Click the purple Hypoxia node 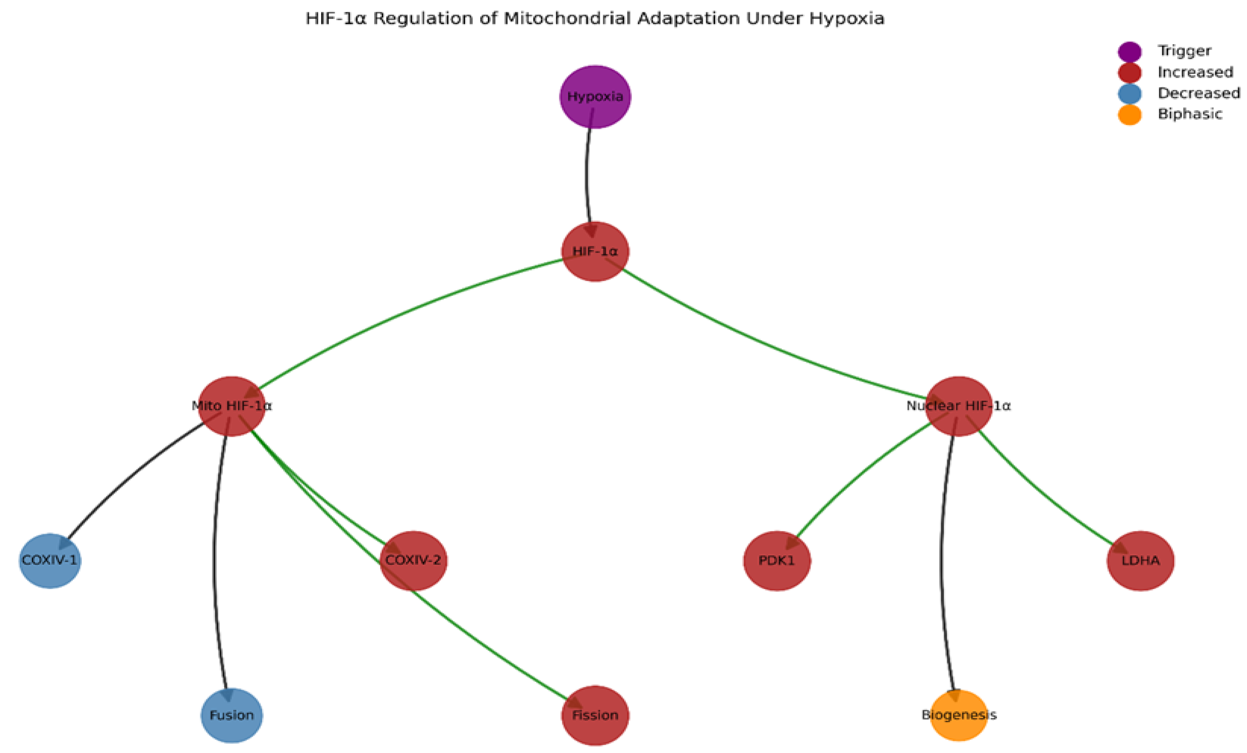pyautogui.click(x=595, y=97)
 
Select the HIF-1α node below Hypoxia pyautogui.click(x=595, y=252)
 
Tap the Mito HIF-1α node pyautogui.click(x=232, y=406)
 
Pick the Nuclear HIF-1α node pyautogui.click(x=958, y=406)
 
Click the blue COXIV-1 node pyautogui.click(x=50, y=561)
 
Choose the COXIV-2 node pyautogui.click(x=414, y=561)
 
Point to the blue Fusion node pyautogui.click(x=232, y=715)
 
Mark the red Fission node pyautogui.click(x=595, y=715)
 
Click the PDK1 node pyautogui.click(x=777, y=561)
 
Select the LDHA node pyautogui.click(x=1140, y=561)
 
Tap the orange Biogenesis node pyautogui.click(x=958, y=715)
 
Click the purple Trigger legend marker pyautogui.click(x=1130, y=52)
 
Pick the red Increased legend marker pyautogui.click(x=1130, y=73)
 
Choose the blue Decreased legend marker pyautogui.click(x=1130, y=94)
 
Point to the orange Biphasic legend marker pyautogui.click(x=1130, y=115)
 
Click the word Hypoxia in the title pyautogui.click(x=847, y=19)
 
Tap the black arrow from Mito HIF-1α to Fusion pyautogui.click(x=215, y=557)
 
